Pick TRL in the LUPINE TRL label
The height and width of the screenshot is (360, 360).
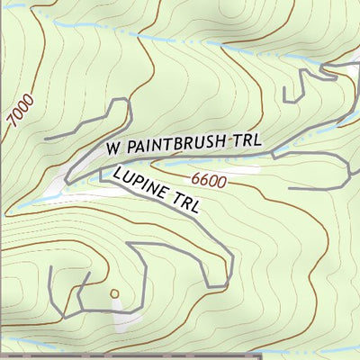click(x=184, y=202)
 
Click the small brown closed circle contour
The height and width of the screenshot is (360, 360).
click(x=114, y=292)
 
